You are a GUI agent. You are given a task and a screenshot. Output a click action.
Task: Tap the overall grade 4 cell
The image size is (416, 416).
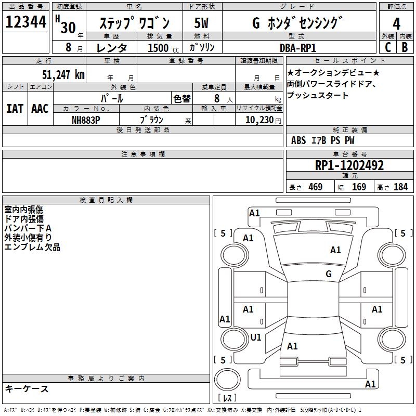(396, 23)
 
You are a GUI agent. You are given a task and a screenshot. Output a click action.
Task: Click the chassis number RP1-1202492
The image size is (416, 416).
(349, 166)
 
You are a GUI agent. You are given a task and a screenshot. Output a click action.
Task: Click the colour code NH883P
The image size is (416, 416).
(86, 120)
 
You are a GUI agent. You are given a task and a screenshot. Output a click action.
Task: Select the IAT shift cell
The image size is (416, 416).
(15, 109)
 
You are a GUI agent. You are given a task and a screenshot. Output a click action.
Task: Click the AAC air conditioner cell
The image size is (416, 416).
(40, 109)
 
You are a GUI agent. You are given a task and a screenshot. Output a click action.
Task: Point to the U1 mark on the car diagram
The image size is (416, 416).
(256, 337)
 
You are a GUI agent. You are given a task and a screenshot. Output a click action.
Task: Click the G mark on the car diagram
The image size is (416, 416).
(328, 274)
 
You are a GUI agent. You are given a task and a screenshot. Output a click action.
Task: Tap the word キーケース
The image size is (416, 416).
(27, 388)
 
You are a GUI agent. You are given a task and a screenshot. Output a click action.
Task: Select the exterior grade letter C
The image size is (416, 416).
(387, 47)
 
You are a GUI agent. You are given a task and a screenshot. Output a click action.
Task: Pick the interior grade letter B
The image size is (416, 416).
(405, 47)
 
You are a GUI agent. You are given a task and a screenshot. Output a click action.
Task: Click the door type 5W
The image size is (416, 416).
(202, 23)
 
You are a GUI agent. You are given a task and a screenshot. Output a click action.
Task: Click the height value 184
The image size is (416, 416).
(400, 187)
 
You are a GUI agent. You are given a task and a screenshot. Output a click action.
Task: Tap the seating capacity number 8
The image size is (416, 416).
(216, 98)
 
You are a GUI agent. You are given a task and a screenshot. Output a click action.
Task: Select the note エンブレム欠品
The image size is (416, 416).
(32, 247)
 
